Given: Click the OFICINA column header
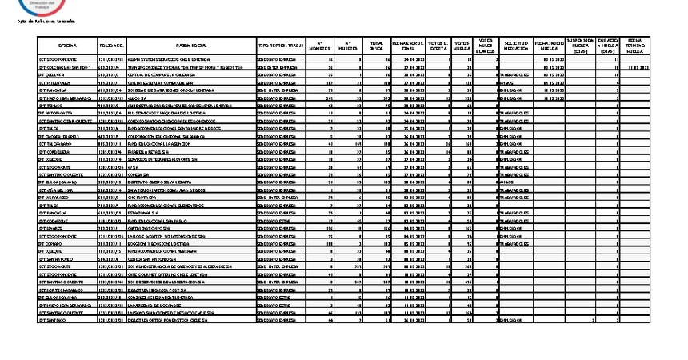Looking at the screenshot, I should tap(67, 46).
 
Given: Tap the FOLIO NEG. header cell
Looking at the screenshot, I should tap(111, 46).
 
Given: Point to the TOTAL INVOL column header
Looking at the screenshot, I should tap(375, 46).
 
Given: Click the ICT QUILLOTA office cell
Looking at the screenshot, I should tap(54, 75).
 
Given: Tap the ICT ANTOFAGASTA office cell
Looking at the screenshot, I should tap(58, 113).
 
